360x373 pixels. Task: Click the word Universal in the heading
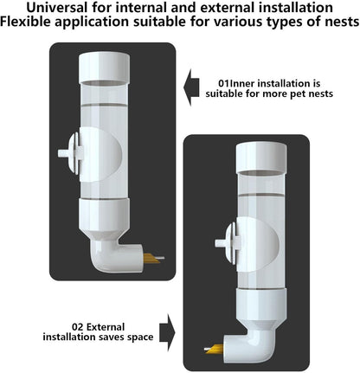pyautogui.click(x=56, y=7)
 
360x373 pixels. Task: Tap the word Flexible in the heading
pyautogui.click(x=25, y=22)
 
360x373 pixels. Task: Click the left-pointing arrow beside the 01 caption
pyautogui.click(x=191, y=87)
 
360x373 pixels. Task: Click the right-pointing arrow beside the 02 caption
pyautogui.click(x=167, y=332)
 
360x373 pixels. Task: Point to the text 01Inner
pyautogui.click(x=236, y=83)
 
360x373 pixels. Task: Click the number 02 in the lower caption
pyautogui.click(x=78, y=327)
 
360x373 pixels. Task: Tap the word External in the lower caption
pyautogui.click(x=106, y=327)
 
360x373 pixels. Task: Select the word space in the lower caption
pyautogui.click(x=140, y=338)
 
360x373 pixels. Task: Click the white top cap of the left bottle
pyautogui.click(x=104, y=68)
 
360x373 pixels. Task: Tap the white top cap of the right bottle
pyautogui.click(x=261, y=158)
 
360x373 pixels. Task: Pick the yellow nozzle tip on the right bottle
pyautogui.click(x=214, y=349)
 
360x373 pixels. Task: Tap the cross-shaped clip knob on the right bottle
pyautogui.click(x=228, y=243)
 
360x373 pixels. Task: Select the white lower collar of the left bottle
pyautogui.click(x=104, y=215)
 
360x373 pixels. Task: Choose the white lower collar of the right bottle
pyautogui.click(x=261, y=305)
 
